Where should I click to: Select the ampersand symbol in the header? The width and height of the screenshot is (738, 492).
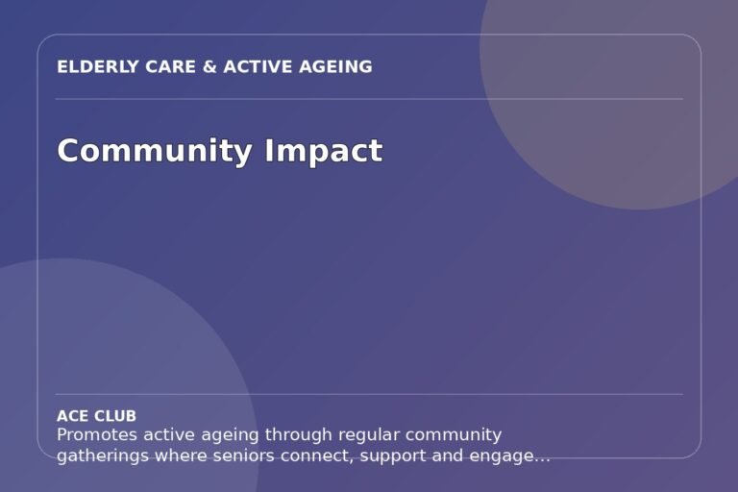pyautogui.click(x=209, y=67)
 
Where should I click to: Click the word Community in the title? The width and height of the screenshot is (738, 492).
pyautogui.click(x=155, y=151)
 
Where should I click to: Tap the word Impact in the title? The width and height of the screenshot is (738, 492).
pyautogui.click(x=323, y=151)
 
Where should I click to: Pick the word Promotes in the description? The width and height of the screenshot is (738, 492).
pyautogui.click(x=97, y=434)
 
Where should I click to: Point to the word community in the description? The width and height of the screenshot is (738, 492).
pyautogui.click(x=454, y=434)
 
